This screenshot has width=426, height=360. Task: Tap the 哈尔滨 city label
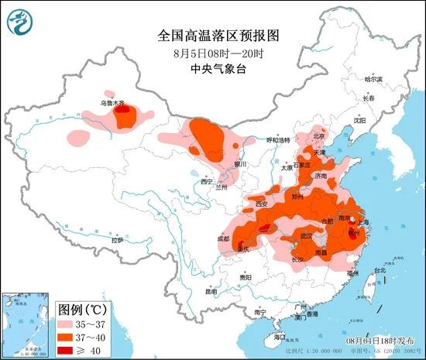[374, 79]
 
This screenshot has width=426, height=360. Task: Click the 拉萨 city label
[117, 241]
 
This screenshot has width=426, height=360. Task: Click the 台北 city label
[380, 271]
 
